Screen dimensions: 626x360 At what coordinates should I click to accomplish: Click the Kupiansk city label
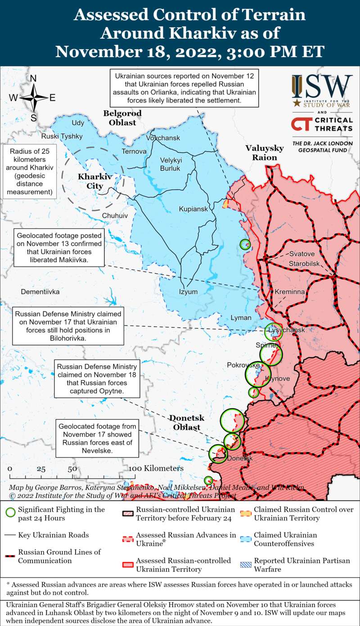point(193,209)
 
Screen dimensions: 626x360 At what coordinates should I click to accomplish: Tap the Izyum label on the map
point(188,291)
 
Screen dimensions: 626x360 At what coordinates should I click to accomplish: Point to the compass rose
point(33,98)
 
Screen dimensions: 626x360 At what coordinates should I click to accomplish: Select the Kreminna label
point(290,292)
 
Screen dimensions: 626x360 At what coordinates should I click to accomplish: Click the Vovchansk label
point(163,138)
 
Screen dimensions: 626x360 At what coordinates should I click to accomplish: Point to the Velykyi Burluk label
point(170,164)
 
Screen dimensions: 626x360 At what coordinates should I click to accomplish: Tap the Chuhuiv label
point(115,215)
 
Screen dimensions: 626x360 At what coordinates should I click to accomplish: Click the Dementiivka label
point(40,292)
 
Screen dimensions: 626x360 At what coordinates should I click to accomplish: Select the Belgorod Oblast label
point(122,118)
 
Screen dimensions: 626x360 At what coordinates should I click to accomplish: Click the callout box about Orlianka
point(184,89)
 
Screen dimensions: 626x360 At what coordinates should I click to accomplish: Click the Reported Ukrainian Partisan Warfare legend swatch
point(245,564)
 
